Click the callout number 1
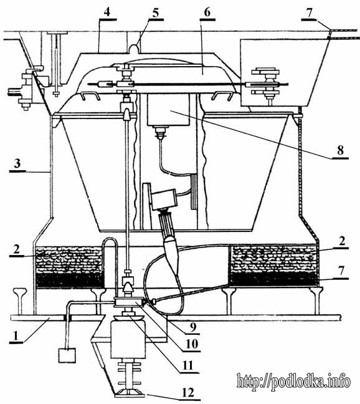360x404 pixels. coord(16,336)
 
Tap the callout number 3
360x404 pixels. coord(17,163)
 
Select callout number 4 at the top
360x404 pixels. coord(107,12)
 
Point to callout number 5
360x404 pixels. coord(156,12)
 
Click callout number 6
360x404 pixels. coord(207,12)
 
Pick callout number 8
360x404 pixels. coord(340,150)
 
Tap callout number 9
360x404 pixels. coord(193,327)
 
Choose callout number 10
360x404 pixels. coord(192,344)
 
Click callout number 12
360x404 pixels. coord(187,393)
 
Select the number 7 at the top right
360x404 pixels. coord(309,12)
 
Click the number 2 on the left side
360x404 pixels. coord(17,249)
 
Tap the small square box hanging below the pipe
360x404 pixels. coord(67,355)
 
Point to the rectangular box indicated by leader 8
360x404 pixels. coord(168,110)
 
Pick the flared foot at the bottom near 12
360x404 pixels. coord(128,393)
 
